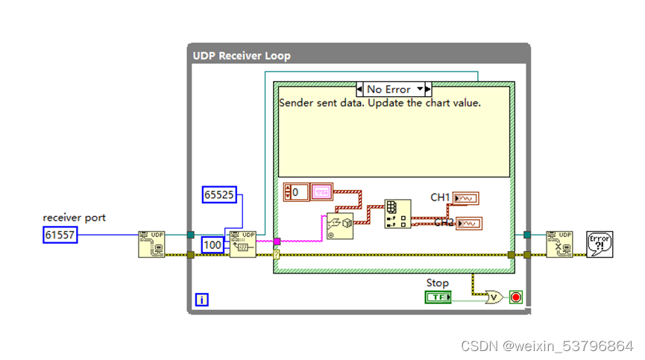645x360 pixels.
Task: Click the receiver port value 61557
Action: click(60, 236)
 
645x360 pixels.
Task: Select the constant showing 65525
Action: click(219, 195)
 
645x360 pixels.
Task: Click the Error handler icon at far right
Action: click(600, 244)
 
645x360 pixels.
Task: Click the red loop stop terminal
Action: click(515, 297)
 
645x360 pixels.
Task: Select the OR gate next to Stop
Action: click(493, 297)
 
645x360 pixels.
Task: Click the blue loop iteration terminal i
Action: click(202, 300)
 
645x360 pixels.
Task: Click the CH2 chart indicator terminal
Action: click(470, 224)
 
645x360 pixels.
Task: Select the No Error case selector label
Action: click(388, 89)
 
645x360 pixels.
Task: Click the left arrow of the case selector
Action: click(360, 89)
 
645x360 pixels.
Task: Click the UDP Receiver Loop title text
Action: click(242, 56)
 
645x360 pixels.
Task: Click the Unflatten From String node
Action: click(339, 226)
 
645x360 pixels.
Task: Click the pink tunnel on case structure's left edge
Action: click(277, 241)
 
